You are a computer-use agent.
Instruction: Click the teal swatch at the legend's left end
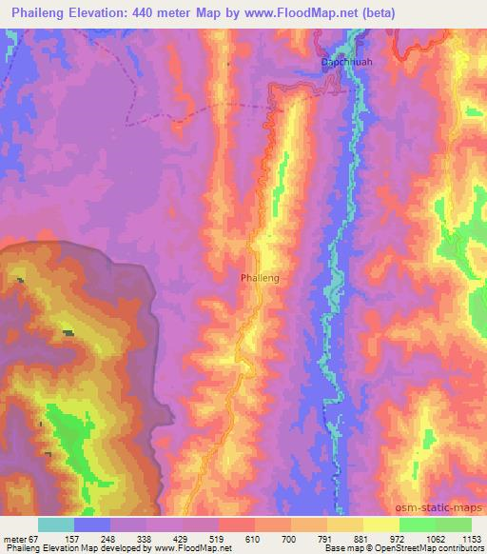click(55, 524)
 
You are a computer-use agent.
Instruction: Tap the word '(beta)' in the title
click(375, 13)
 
